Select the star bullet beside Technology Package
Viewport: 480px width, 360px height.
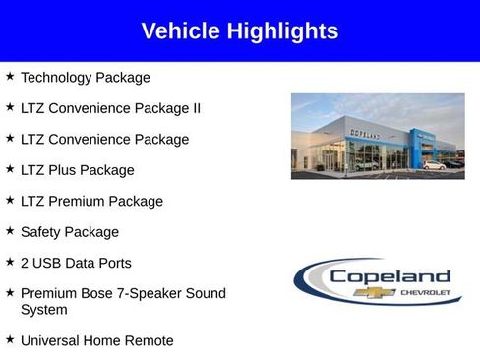coord(10,76)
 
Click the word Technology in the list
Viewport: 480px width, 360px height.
coord(56,77)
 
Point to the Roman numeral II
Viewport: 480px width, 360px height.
coord(195,108)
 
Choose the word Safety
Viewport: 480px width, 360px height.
coord(41,232)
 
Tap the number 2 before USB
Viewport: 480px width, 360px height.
coord(25,264)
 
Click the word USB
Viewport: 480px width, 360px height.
coord(49,264)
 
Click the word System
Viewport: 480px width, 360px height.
coord(44,310)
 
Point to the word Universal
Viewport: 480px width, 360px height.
coord(53,340)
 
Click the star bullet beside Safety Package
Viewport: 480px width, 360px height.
coord(10,231)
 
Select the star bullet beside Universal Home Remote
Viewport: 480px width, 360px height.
coord(10,339)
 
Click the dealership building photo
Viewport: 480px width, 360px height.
coord(378,136)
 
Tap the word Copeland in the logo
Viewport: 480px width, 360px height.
coord(390,276)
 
